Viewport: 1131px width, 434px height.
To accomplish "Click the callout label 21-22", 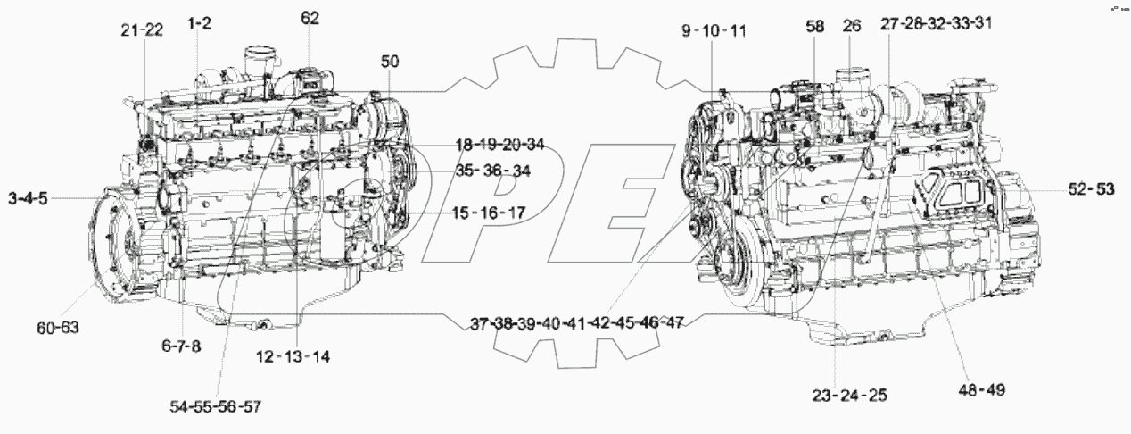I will click(x=142, y=30).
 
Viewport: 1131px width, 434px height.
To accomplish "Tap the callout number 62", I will click(x=310, y=17).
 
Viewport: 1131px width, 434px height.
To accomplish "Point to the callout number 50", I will click(x=390, y=62).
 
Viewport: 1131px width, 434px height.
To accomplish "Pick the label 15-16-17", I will click(x=487, y=213).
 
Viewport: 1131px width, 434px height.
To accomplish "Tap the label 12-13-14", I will click(x=292, y=357).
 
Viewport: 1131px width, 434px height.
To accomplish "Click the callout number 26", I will click(x=852, y=27).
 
